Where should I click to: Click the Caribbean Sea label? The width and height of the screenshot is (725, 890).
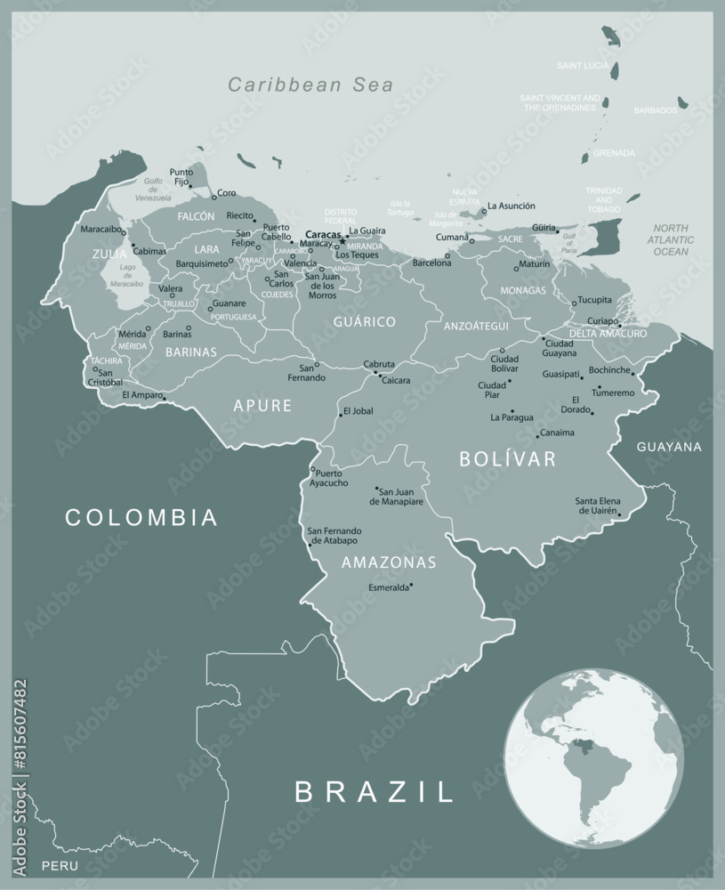coord(310,85)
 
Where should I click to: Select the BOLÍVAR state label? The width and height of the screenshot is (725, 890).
coord(507,459)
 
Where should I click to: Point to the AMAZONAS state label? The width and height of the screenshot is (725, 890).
coord(389,562)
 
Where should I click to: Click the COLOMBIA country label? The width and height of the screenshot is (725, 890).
coord(141,517)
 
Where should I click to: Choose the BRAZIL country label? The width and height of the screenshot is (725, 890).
coord(375,791)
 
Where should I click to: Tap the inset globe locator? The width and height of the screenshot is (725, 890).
coord(593,756)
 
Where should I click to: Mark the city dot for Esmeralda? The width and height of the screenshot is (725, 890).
coord(412,586)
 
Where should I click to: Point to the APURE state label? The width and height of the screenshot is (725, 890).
coord(262,406)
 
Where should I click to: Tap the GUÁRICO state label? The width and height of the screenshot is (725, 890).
coord(364,320)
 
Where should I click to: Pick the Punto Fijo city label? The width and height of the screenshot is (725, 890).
coord(181,176)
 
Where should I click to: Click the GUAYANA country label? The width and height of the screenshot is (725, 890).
coord(669,447)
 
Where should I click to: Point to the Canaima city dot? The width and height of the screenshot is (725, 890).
coord(537,436)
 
